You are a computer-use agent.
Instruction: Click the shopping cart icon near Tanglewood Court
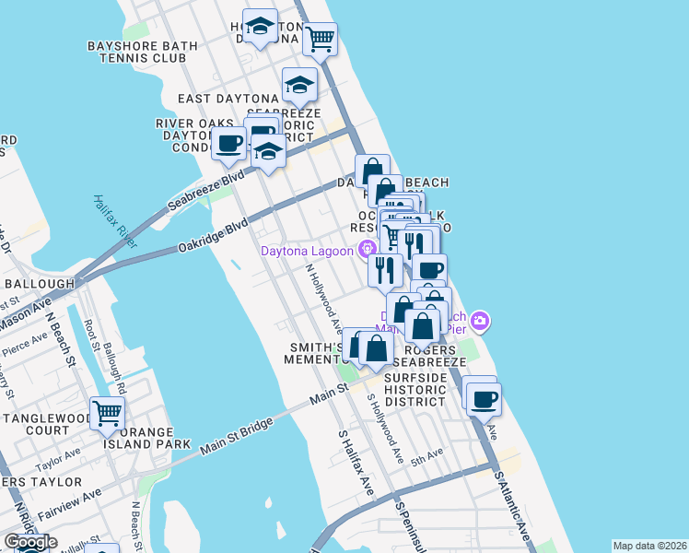pyautogui.click(x=107, y=412)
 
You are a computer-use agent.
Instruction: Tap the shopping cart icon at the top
pyautogui.click(x=321, y=39)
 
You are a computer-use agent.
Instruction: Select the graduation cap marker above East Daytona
pyautogui.click(x=299, y=86)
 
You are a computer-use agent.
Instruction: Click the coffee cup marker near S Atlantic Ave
pyautogui.click(x=484, y=399)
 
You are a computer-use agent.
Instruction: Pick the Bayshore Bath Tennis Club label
pyautogui.click(x=136, y=52)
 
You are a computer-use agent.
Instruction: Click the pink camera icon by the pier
pyautogui.click(x=479, y=322)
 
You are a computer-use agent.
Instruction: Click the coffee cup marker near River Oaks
pyautogui.click(x=228, y=143)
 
